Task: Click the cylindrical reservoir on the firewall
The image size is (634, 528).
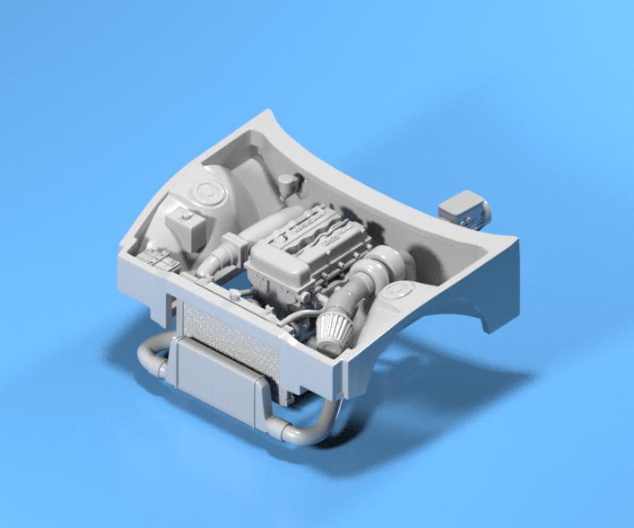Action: coord(287,186)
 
